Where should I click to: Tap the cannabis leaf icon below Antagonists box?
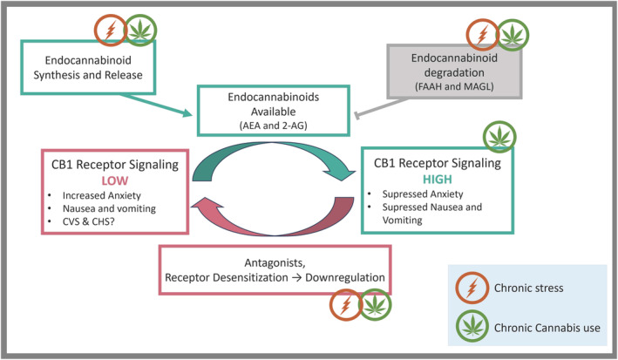pyautogui.click(x=376, y=306)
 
